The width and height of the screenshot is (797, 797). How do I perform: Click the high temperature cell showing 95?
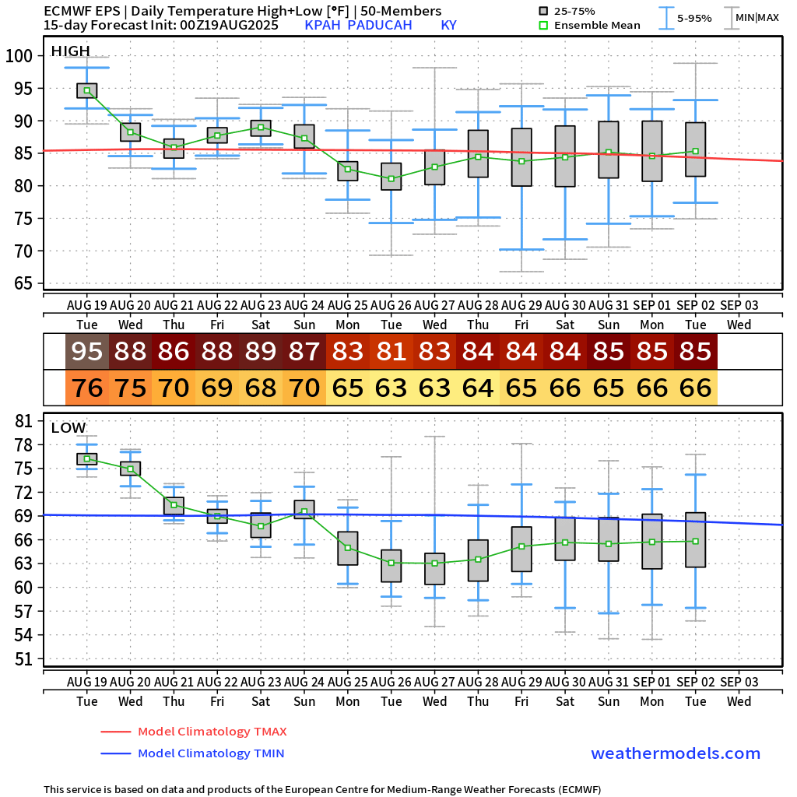(87, 352)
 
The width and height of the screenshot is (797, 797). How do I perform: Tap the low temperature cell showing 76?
(87, 387)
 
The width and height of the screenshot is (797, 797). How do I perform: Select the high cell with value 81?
(391, 352)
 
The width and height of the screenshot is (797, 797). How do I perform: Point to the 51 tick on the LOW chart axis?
(23, 659)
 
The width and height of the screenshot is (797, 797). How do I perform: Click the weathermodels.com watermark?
(675, 753)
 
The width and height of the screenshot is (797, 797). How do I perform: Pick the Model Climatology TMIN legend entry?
(210, 753)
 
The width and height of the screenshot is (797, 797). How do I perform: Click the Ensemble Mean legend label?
(597, 26)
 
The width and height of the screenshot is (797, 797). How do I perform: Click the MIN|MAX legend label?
(757, 17)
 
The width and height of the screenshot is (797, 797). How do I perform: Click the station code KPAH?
(322, 26)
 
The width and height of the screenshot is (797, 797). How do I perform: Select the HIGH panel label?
(70, 51)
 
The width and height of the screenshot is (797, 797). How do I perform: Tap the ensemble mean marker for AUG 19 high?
(87, 91)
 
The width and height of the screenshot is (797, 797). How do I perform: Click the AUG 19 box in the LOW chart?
(87, 459)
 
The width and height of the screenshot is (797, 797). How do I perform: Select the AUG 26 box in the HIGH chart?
(391, 176)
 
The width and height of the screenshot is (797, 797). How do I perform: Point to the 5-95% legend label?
(694, 17)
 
